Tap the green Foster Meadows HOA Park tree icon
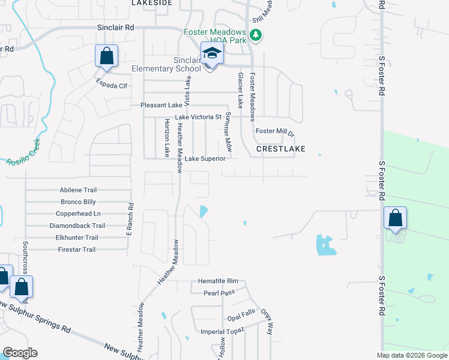pos(256,35)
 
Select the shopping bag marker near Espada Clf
pos(106,57)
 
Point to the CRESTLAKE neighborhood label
pos(281,148)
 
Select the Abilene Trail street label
pos(78,190)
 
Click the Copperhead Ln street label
pos(78,214)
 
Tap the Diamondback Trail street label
pos(77,226)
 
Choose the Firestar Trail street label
pos(76,250)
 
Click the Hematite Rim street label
pos(218,281)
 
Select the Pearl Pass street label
pos(218,293)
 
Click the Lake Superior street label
pos(205,159)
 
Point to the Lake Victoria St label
pos(198,117)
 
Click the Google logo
pos(20,353)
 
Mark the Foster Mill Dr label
pos(275,131)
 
